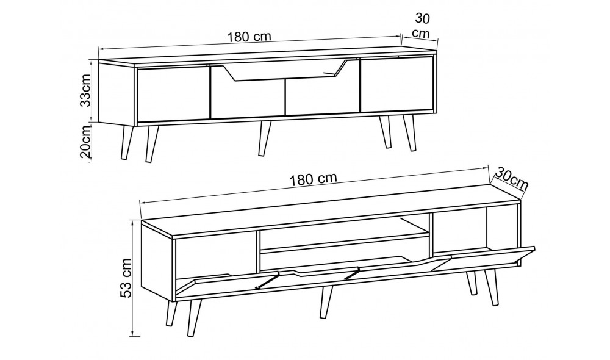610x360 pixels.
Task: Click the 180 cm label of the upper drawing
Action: (249, 37)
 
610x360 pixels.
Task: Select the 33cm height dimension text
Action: (87, 90)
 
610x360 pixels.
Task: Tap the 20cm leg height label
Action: (87, 140)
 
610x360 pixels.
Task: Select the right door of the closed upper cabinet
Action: (396, 85)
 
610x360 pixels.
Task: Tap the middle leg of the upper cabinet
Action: (265, 138)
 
